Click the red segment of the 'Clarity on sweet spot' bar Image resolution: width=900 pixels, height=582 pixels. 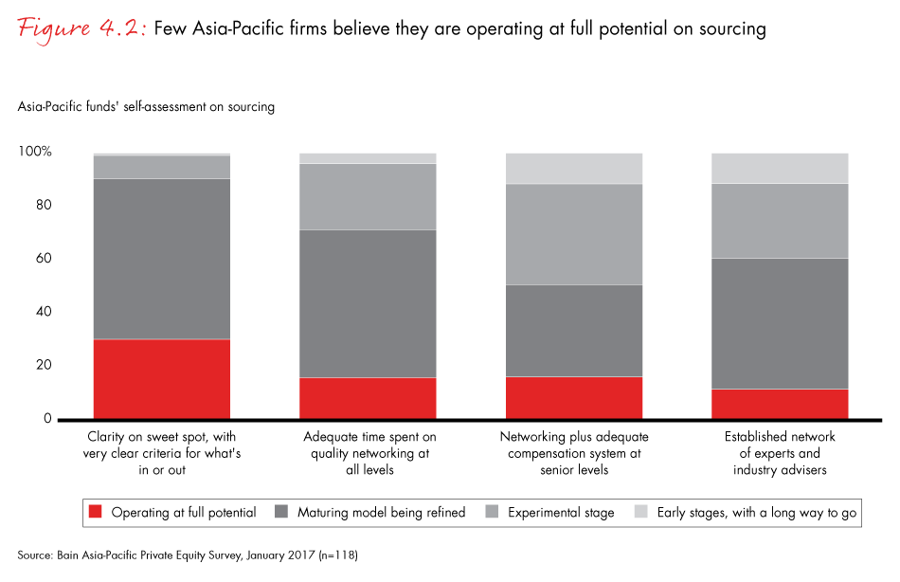point(162,378)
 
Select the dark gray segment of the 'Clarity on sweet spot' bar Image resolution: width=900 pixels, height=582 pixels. point(162,259)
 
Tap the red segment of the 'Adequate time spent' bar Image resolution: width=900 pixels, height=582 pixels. point(368,398)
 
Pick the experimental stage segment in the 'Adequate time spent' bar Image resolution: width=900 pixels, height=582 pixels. point(368,196)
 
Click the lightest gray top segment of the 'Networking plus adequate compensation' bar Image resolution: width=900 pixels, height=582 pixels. point(574,168)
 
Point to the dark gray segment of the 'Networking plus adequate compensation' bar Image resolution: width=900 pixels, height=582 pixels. point(574,331)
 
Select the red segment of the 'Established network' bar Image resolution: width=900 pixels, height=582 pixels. point(780,404)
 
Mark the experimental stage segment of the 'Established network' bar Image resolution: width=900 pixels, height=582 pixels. point(780,221)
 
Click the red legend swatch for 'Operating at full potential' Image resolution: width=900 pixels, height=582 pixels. point(96,513)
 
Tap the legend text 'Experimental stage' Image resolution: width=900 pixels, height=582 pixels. point(561,513)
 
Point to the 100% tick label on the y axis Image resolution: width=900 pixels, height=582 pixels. point(35,153)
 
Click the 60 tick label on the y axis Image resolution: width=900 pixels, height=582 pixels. point(44,259)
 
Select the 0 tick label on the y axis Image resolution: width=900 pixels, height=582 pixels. point(47,419)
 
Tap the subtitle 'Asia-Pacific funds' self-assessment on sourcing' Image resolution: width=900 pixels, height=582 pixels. point(146,107)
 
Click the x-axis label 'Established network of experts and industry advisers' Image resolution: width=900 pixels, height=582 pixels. point(780,453)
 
